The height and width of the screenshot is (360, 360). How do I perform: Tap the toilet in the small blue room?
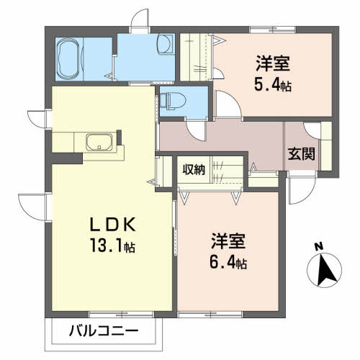pos(173,100)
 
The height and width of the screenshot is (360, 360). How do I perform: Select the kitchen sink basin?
pos(99,142)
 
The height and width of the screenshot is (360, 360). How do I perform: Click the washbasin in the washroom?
pos(166,45)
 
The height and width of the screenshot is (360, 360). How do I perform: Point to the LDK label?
pos(113,224)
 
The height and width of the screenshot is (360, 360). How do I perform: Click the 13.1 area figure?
pos(112,245)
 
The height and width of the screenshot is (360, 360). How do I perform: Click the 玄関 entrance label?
pos(302,153)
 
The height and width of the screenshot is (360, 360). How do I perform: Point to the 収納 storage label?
pos(194,170)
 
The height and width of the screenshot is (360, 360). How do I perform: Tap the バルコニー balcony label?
pos(104,331)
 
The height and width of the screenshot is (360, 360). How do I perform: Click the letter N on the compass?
pos(319,247)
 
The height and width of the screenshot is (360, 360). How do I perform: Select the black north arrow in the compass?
pos(325,271)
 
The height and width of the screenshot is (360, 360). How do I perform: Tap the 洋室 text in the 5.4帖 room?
pos(273,63)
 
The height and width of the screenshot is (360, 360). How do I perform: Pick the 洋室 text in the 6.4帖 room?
pos(228,241)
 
